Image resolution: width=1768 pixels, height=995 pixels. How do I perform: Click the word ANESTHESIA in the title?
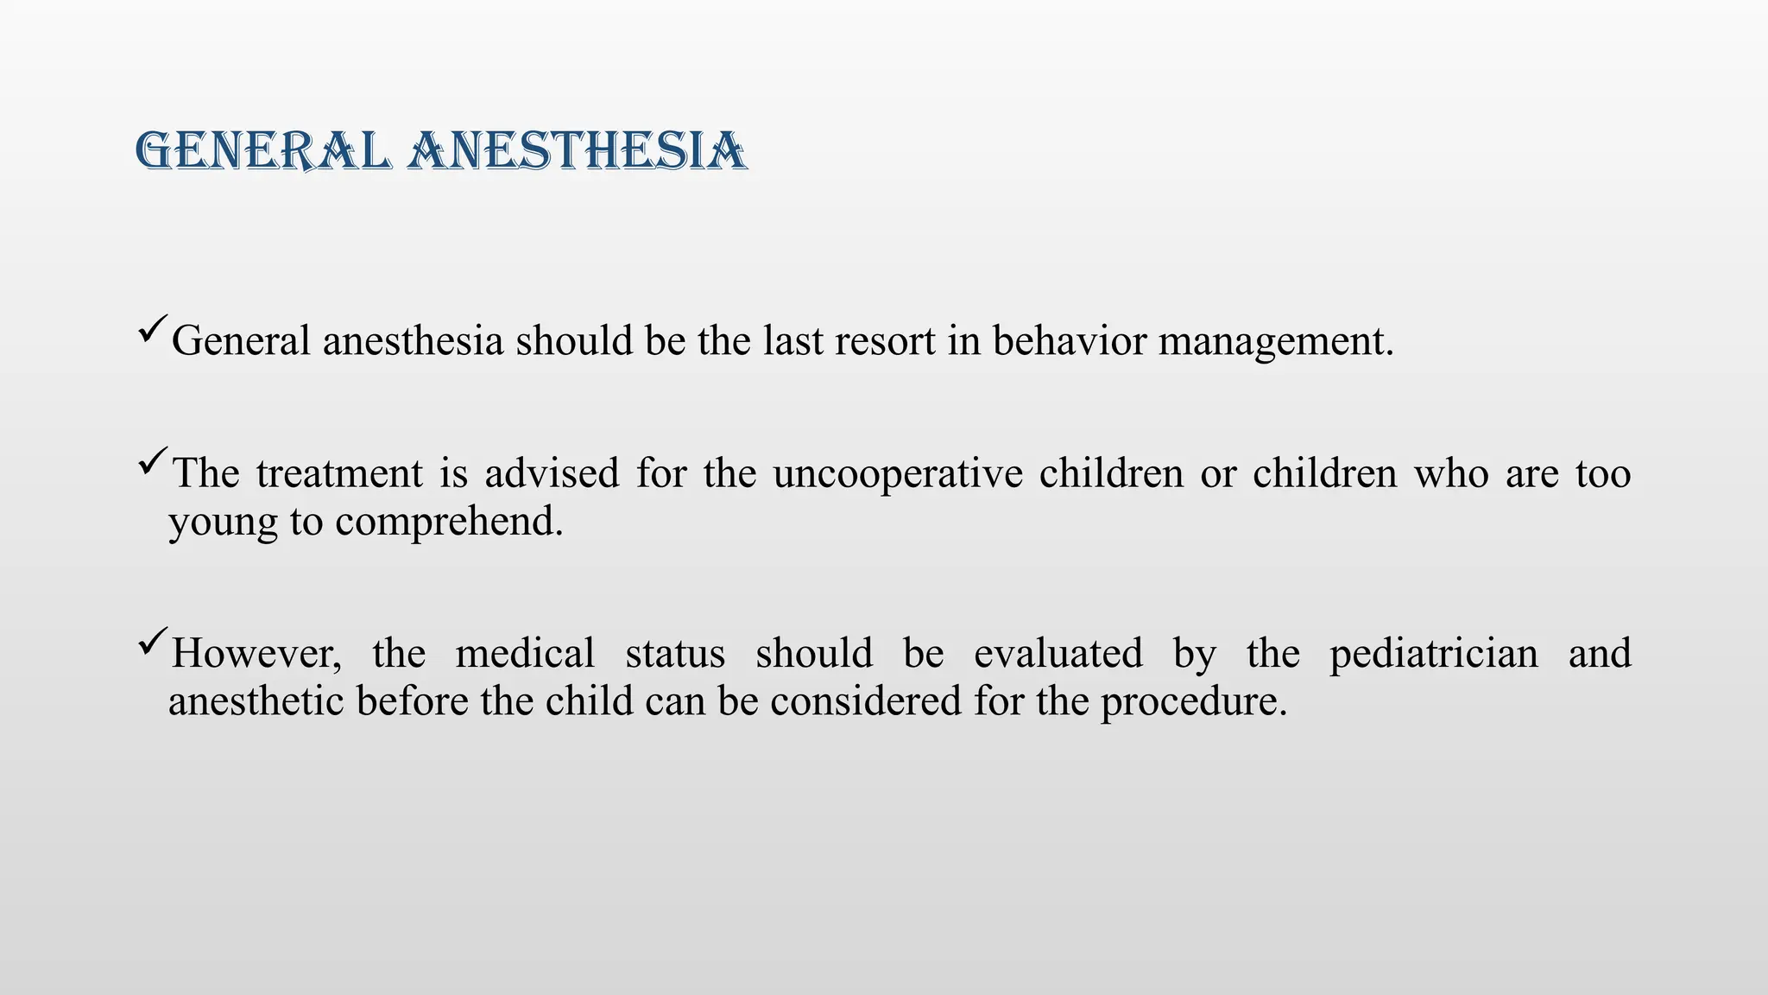577,153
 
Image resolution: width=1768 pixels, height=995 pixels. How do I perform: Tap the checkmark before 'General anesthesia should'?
151,329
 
